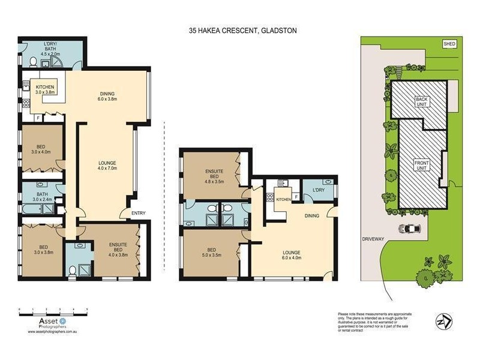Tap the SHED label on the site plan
pos(449,44)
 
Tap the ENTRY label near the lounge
pos(138,213)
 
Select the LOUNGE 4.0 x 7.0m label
pos(108,166)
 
